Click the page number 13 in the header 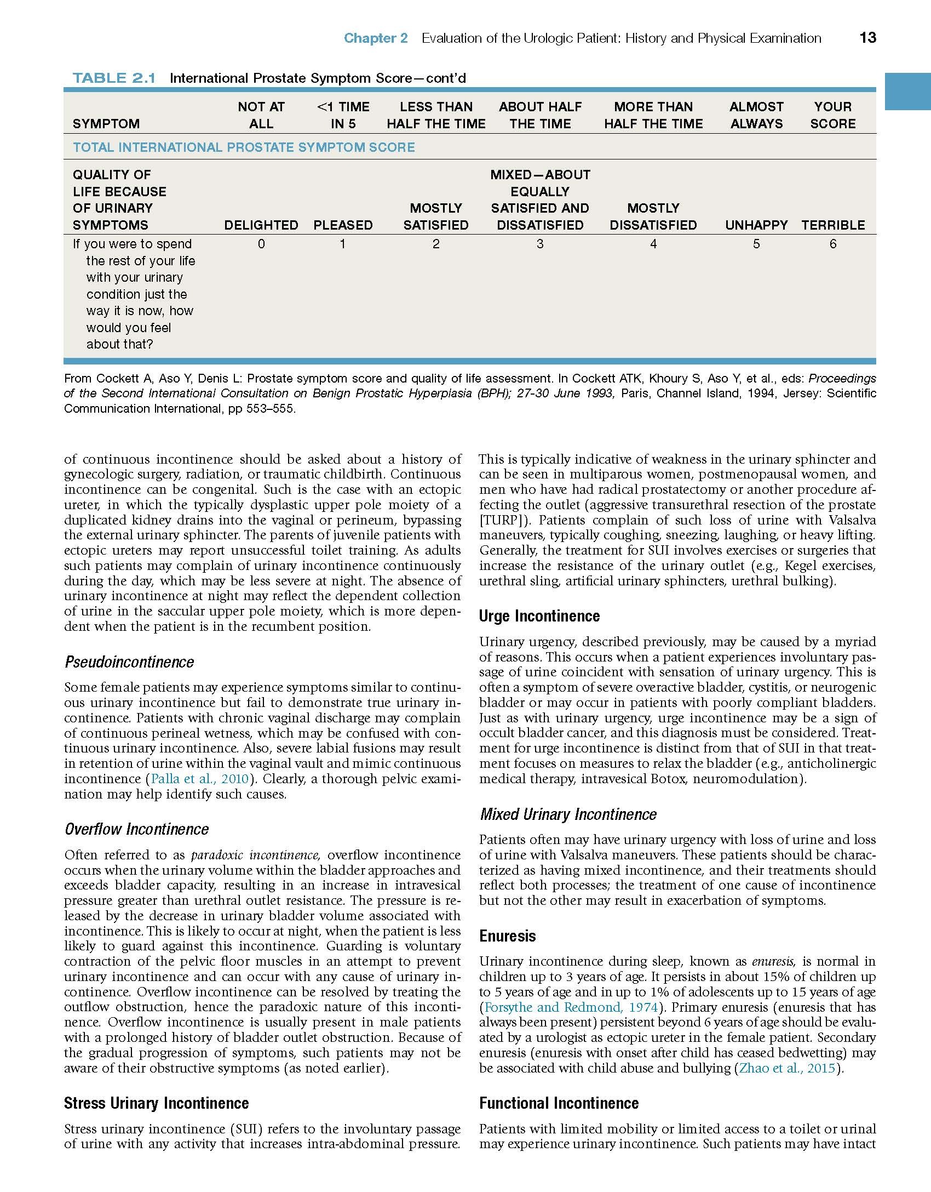coord(867,38)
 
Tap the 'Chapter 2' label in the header coord(376,38)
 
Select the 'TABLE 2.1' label coord(114,78)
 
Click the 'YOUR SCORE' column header coord(832,115)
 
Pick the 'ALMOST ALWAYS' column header coord(756,115)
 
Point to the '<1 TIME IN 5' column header coord(343,115)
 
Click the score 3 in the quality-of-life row coord(540,244)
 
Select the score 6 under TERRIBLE coord(832,244)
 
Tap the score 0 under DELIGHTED coord(261,244)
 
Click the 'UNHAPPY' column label coord(756,225)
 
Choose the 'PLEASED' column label coord(343,225)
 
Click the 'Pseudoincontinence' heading coord(129,662)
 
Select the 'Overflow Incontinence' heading coord(136,829)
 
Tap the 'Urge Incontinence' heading coord(539,616)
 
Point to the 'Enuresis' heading coord(507,936)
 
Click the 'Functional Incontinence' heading coord(559,1103)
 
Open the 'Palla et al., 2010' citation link coord(200,779)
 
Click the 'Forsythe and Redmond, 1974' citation coord(571,1007)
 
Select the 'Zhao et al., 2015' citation coord(788,1068)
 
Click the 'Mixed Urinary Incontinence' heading coord(568,814)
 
